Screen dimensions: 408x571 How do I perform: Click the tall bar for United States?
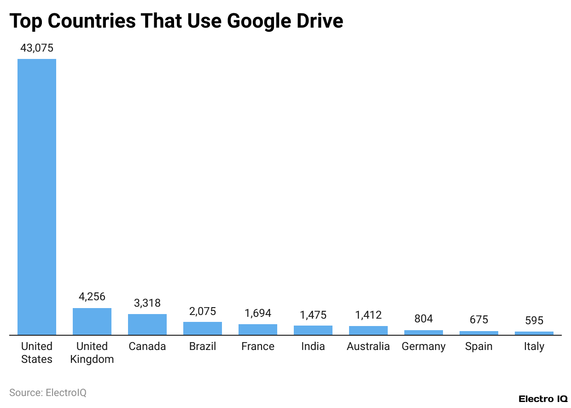[37, 197]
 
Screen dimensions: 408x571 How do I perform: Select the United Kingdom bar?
[92, 321]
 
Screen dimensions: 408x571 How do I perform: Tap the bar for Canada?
[147, 324]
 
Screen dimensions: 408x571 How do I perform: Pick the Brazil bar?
[203, 328]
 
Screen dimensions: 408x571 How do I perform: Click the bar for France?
[258, 330]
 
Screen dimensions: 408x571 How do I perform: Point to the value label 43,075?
[37, 47]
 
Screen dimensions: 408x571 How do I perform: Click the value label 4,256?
[92, 297]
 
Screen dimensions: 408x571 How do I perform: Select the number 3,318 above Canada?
[147, 303]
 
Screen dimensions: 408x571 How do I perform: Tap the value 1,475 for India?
[313, 315]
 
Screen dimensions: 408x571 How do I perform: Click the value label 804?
[424, 319]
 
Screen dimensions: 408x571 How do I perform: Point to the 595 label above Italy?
[534, 320]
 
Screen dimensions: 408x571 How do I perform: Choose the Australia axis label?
[368, 346]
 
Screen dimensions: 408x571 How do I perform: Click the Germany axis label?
[424, 346]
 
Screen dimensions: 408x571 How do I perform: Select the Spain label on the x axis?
[479, 346]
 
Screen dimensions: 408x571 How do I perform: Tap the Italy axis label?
[534, 346]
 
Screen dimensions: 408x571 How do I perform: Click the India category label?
[313, 346]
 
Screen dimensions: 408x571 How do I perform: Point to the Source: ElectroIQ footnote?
[48, 393]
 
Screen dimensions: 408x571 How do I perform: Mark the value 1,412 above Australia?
[368, 315]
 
